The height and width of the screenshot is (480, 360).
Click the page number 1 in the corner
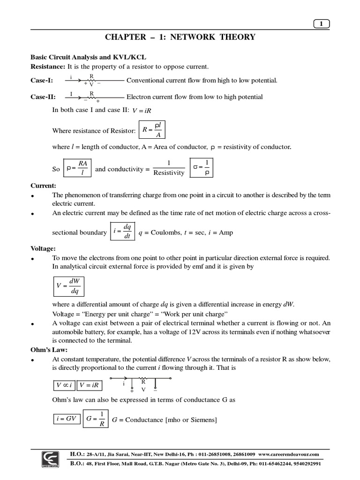coord(321,24)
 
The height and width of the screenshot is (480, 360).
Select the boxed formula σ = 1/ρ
coord(201,168)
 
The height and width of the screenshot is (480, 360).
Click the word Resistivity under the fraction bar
coord(169,173)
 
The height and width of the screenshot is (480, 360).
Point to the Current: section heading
coord(43,186)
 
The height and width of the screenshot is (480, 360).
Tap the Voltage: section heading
coord(43,248)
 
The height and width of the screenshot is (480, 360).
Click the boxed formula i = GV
coord(66,419)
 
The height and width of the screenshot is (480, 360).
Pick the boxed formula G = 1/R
coord(96,419)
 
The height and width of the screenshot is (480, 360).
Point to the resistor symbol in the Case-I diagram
coord(91,80)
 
